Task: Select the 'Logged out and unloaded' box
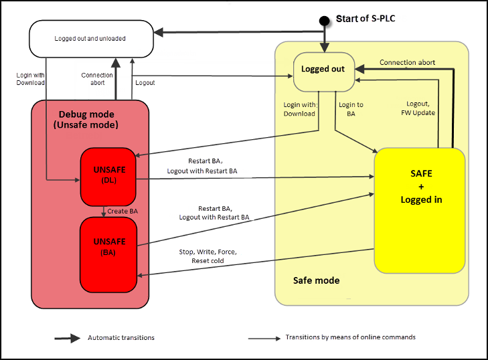90,39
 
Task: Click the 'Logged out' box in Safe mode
323,70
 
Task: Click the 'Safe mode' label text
316,280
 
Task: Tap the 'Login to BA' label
351,109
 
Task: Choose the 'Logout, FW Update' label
421,108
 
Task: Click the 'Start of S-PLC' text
365,18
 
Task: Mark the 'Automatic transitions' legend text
121,338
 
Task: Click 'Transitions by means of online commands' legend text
350,337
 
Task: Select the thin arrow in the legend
262,339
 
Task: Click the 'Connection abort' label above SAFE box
407,63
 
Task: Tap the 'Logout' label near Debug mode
145,83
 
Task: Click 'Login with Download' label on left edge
31,80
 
